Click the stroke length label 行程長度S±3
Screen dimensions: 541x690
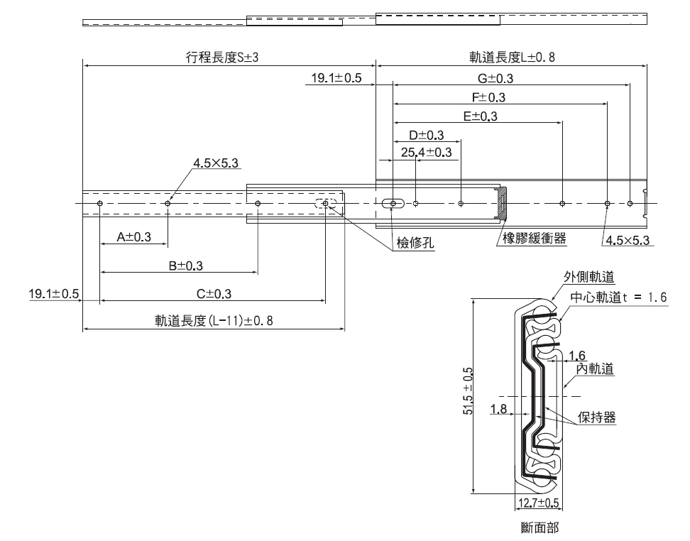coord(222,58)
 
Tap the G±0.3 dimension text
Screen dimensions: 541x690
coord(495,78)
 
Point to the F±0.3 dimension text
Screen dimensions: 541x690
coord(489,97)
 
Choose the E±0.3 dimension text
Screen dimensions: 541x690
coord(480,116)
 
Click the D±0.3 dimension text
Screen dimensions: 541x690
coord(426,135)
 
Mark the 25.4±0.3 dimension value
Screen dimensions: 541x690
coord(426,152)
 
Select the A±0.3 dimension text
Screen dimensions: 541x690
coord(133,237)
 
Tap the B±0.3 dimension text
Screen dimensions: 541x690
coord(185,266)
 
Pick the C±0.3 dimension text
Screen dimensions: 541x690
coord(214,294)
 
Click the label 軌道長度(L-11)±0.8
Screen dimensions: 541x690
coord(214,321)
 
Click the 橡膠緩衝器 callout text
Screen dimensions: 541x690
coord(534,239)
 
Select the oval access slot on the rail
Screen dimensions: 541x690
coord(392,204)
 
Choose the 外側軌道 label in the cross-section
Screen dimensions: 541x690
coord(588,277)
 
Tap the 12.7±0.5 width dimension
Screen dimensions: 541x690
coord(537,503)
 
